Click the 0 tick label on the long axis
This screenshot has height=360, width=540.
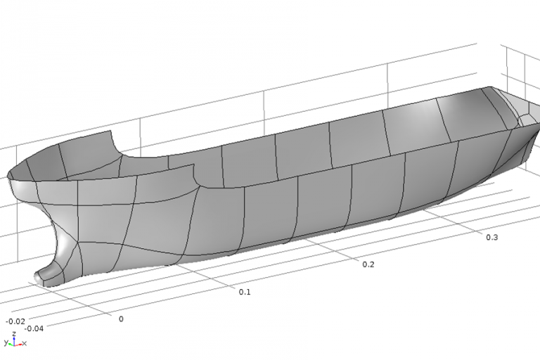click(120, 319)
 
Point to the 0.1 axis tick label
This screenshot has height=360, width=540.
click(244, 291)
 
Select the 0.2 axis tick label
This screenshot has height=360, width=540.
click(367, 264)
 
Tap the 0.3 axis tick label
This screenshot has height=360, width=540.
click(491, 237)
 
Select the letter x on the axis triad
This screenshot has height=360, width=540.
click(25, 344)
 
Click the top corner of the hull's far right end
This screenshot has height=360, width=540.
click(487, 89)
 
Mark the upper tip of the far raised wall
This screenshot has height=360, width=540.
click(111, 131)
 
